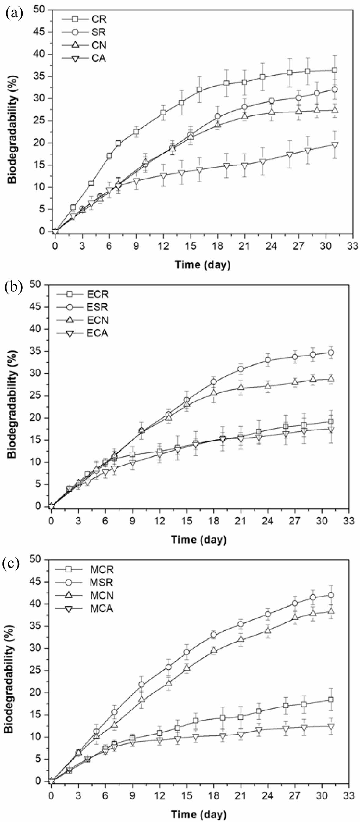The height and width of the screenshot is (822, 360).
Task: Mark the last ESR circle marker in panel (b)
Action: click(x=331, y=353)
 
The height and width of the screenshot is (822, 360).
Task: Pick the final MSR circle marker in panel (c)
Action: click(x=331, y=595)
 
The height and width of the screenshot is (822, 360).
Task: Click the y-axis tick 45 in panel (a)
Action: click(x=40, y=32)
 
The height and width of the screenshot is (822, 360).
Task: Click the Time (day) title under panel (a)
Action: click(x=202, y=264)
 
